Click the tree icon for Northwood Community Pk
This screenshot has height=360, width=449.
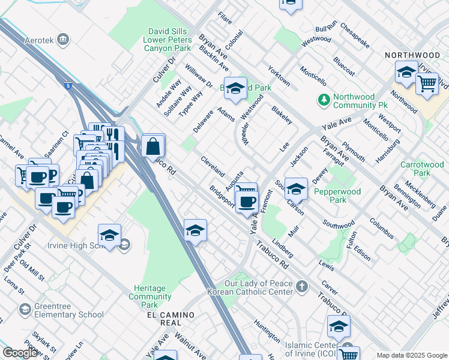(324, 99)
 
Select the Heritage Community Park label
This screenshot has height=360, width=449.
(150, 293)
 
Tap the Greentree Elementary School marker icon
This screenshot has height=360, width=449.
(25, 309)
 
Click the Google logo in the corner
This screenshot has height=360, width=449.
(20, 353)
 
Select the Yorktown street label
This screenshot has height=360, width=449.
(279, 76)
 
